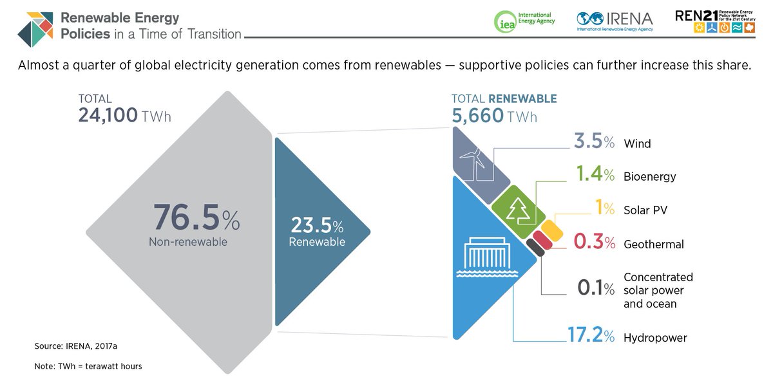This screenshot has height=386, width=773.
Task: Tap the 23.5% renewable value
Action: (316, 226)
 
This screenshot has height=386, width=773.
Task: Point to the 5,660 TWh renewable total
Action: (494, 116)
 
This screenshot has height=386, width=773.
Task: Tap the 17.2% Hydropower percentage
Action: (591, 336)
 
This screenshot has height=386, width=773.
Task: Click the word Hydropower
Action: (655, 338)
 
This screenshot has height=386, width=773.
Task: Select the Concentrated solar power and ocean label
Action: (658, 290)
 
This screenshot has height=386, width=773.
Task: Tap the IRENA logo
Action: (615, 21)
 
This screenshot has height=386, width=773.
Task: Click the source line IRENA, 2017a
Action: (75, 346)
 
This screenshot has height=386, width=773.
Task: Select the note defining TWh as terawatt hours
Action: (88, 366)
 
